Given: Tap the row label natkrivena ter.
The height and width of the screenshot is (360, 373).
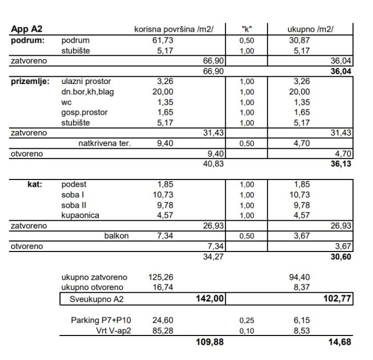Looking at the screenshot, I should coord(103,143).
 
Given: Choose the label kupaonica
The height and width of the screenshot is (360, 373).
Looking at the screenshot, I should coord(80,215).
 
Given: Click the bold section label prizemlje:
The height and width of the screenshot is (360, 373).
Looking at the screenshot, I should coord(29,82).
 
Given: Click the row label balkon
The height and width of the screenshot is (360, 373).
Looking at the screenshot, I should coord(117,236).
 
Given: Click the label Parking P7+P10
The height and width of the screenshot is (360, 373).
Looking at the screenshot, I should coord(100,320).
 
